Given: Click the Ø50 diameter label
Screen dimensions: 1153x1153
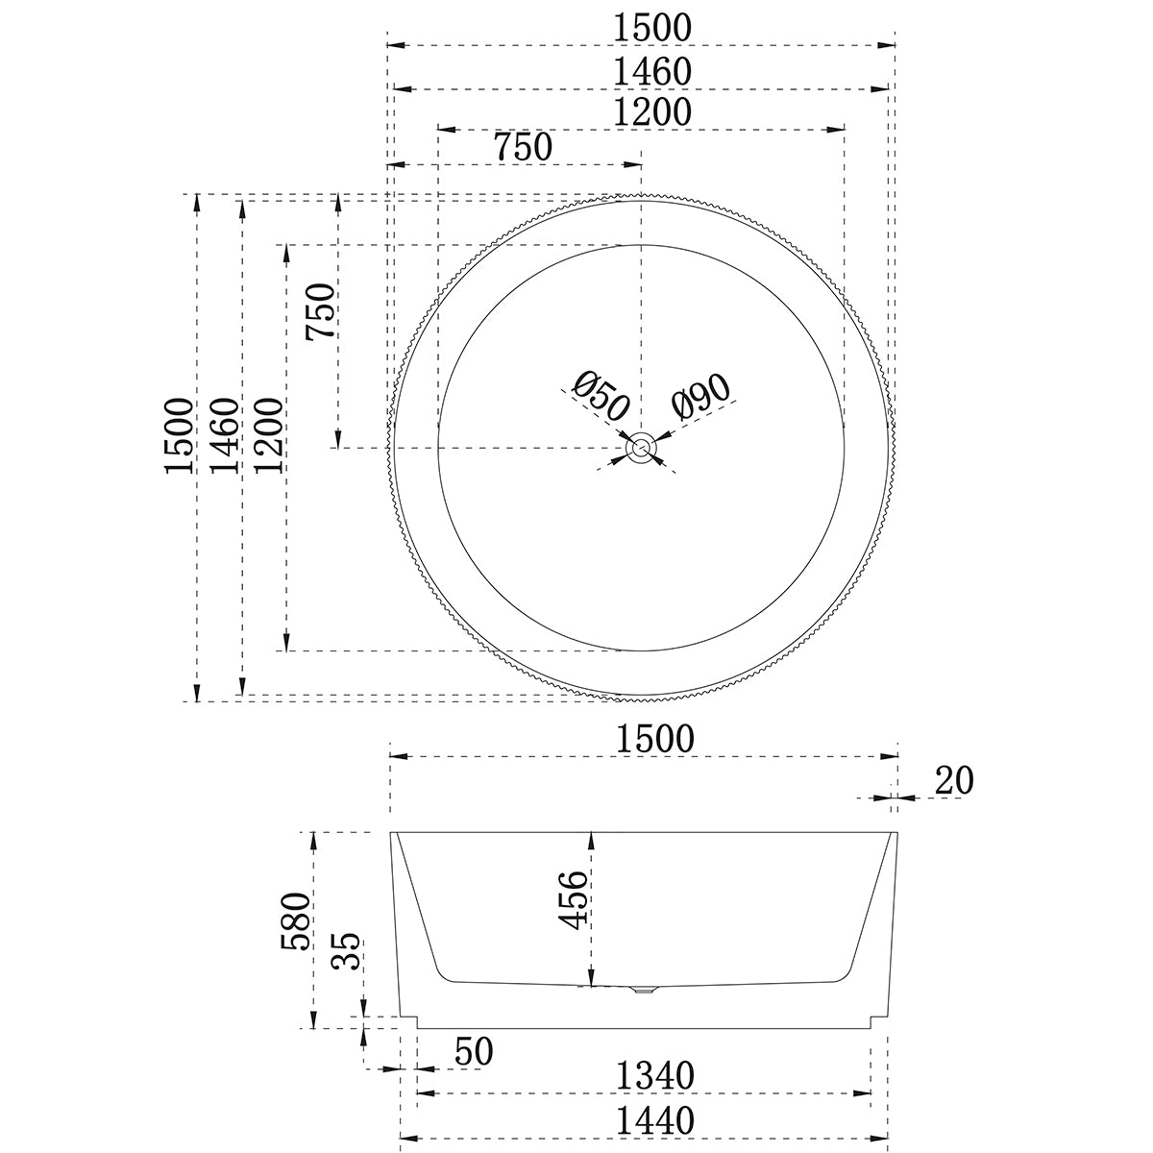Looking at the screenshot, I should (600, 396).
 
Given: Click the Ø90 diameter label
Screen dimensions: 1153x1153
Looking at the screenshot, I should (701, 396).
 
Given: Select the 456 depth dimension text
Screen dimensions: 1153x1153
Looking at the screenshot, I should (574, 899).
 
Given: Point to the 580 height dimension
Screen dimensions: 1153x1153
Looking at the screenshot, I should (296, 920).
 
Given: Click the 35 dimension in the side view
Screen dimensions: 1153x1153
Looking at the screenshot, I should (350, 951).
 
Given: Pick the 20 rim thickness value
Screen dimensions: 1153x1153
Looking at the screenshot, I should (954, 781).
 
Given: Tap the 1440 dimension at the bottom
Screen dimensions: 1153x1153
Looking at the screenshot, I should (656, 1120).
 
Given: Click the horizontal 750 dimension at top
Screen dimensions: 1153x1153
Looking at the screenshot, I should (523, 148).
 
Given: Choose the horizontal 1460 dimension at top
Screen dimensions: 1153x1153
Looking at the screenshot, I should (654, 71).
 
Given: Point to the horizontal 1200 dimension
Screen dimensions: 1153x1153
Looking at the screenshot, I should (654, 111).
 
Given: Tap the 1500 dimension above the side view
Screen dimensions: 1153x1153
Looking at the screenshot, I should (654, 739).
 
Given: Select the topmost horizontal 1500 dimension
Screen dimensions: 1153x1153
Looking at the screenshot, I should (654, 28).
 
